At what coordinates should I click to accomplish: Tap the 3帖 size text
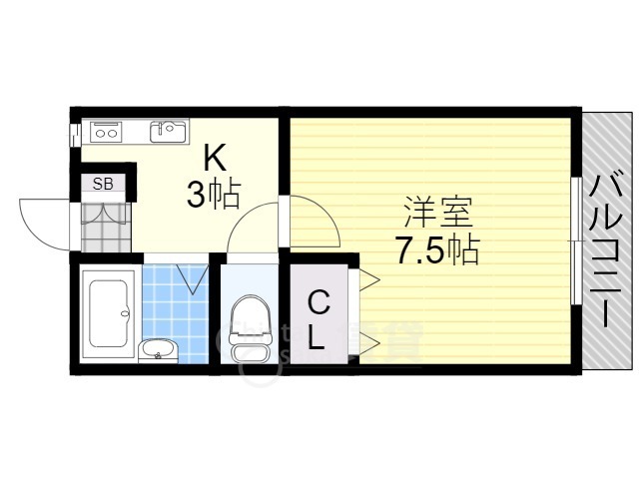pyautogui.click(x=212, y=196)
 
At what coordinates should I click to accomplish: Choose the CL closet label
pyautogui.click(x=317, y=319)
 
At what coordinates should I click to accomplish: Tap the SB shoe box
pyautogui.click(x=103, y=184)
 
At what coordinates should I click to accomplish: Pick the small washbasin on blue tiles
pyautogui.click(x=158, y=348)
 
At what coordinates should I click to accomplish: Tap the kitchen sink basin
pyautogui.click(x=169, y=131)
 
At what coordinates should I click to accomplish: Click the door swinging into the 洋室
pyautogui.click(x=318, y=222)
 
